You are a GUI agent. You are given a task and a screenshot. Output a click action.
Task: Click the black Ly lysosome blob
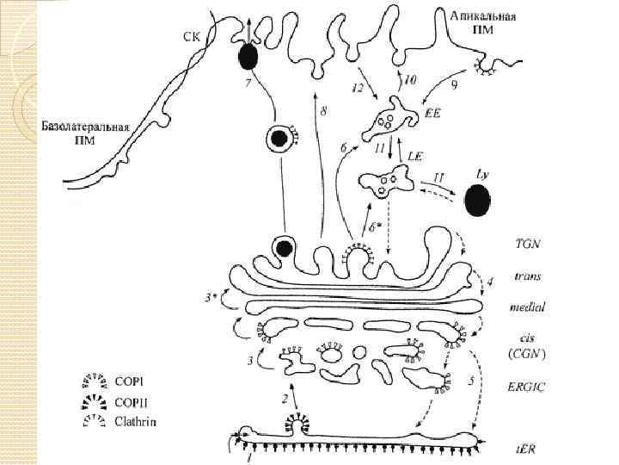pos(477,203)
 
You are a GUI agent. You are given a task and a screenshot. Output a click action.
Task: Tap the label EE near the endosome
pos(432,114)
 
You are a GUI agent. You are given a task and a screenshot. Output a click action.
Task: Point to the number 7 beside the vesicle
pos(248,84)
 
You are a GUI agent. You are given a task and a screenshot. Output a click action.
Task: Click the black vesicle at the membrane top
pos(248,57)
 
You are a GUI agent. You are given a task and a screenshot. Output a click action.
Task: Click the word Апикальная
pos(483,16)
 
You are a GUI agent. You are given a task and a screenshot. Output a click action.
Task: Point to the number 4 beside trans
pos(490,282)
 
